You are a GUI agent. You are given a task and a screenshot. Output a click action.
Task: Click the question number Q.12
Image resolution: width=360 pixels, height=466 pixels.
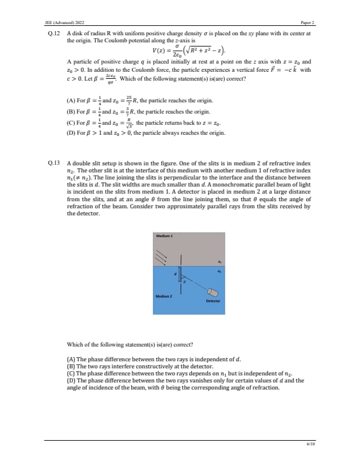pyautogui.click(x=52, y=34)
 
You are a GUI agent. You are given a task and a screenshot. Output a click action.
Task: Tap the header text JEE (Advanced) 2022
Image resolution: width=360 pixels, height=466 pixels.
pyautogui.click(x=64, y=22)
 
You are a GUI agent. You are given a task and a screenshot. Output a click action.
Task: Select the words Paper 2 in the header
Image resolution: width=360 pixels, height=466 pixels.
pyautogui.click(x=308, y=22)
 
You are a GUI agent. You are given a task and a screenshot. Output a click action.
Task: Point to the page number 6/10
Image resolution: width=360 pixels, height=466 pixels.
pyautogui.click(x=311, y=444)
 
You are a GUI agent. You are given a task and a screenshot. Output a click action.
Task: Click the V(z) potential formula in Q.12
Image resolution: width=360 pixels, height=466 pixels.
pyautogui.click(x=180, y=51)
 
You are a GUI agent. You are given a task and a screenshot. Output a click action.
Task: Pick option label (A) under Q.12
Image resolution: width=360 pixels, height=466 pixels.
pyautogui.click(x=72, y=101)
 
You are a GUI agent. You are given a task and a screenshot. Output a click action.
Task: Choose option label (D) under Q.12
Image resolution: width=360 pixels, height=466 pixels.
pyautogui.click(x=72, y=134)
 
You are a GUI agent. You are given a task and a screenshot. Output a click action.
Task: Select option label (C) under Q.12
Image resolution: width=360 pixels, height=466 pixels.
pyautogui.click(x=72, y=123)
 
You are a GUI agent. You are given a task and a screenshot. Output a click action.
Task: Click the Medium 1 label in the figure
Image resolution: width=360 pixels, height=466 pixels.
pyautogui.click(x=162, y=235)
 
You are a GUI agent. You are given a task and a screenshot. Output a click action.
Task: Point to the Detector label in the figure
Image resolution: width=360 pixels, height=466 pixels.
pyautogui.click(x=213, y=301)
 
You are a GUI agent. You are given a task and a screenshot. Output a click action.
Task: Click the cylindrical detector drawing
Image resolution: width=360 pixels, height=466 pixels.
pyautogui.click(x=213, y=293)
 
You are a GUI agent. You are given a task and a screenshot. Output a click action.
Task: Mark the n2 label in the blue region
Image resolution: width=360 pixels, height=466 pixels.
pyautogui.click(x=219, y=271)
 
